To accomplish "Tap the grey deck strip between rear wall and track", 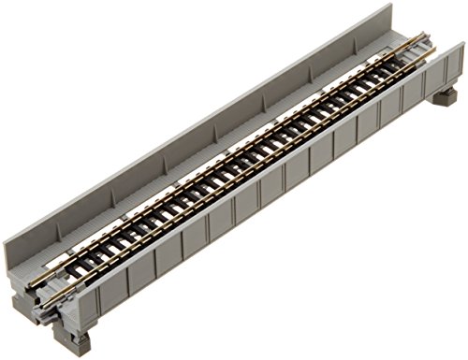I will coord(187,154).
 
